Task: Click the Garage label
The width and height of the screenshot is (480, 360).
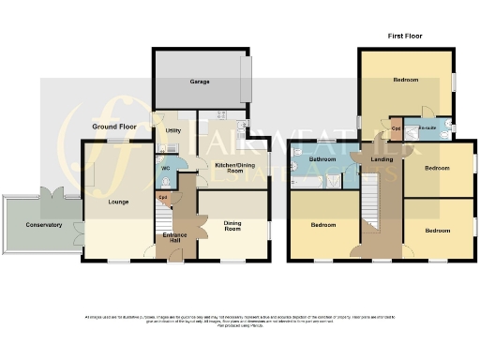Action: tap(200, 82)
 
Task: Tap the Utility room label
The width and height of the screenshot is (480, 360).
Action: tap(172, 131)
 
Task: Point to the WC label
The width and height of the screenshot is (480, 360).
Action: tap(165, 168)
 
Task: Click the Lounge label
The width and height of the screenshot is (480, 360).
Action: tap(118, 201)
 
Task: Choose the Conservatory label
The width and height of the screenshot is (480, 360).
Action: tap(43, 225)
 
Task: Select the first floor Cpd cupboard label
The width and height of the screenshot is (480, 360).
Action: tap(397, 128)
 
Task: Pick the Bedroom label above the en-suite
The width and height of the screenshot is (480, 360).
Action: tap(406, 81)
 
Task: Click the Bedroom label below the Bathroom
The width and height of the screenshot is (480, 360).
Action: tap(323, 225)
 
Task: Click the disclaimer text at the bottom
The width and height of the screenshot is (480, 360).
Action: tap(240, 320)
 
